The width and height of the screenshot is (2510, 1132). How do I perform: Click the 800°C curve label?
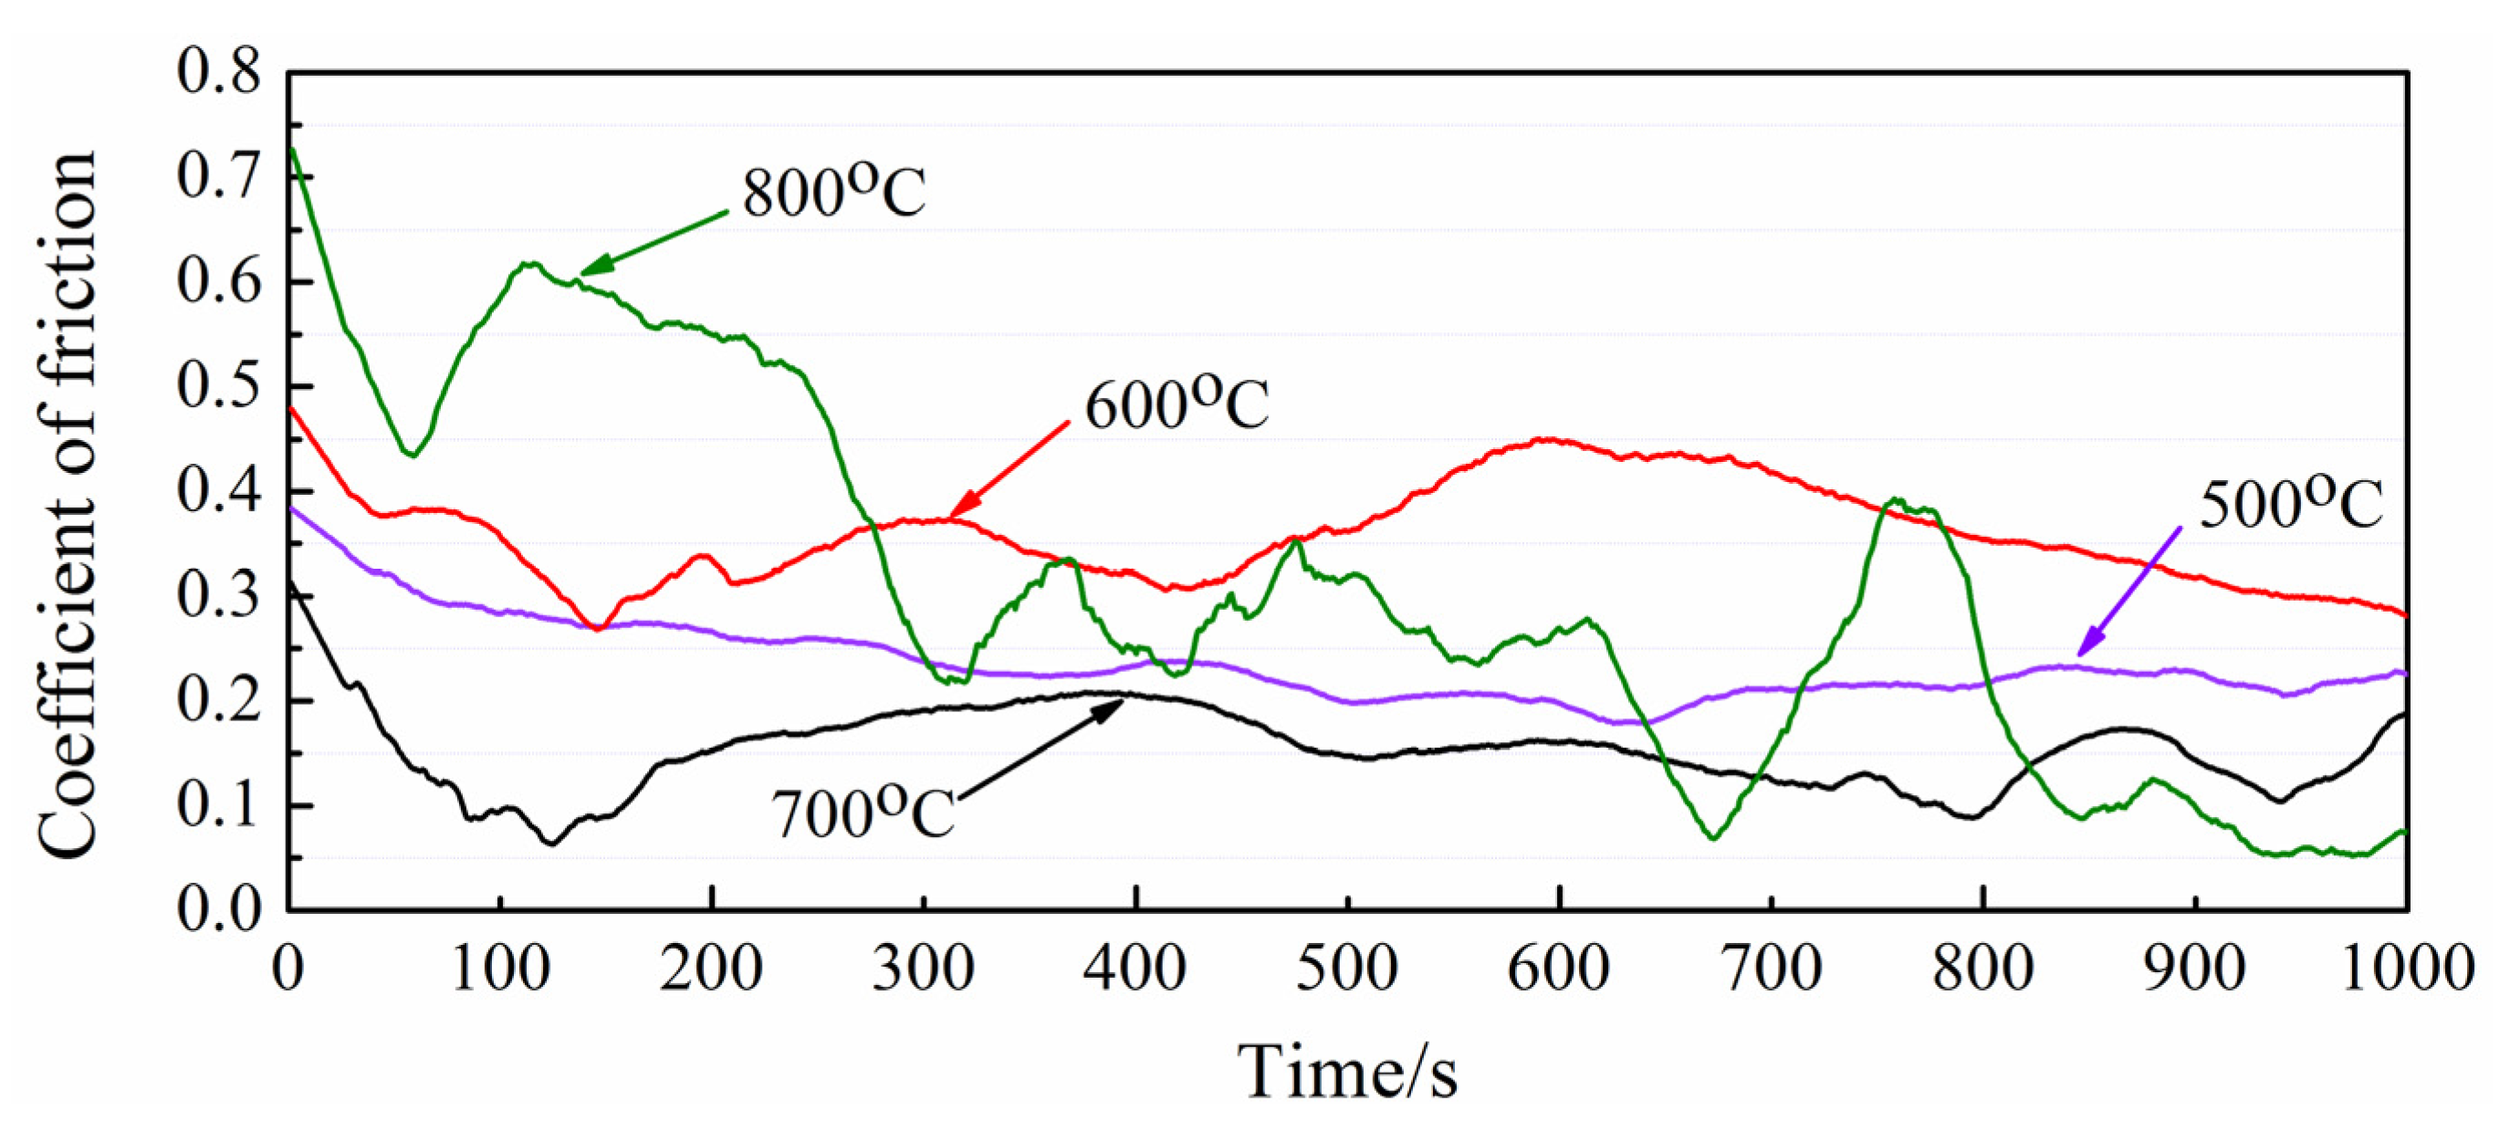point(833,192)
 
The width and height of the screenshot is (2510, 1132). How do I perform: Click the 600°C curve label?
point(1177,405)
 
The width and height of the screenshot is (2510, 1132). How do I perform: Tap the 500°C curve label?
point(2291,505)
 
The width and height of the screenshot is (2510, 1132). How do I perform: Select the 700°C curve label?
point(863,813)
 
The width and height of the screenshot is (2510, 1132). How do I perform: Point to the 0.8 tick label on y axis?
point(219,72)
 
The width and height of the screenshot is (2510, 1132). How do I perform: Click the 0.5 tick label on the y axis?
point(219,386)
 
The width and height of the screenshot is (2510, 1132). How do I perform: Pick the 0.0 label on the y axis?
point(219,909)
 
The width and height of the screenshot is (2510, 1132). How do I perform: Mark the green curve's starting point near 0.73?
point(291,148)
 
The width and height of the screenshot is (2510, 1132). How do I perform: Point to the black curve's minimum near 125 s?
point(551,843)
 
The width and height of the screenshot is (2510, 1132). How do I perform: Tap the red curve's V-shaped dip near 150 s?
point(598,629)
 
